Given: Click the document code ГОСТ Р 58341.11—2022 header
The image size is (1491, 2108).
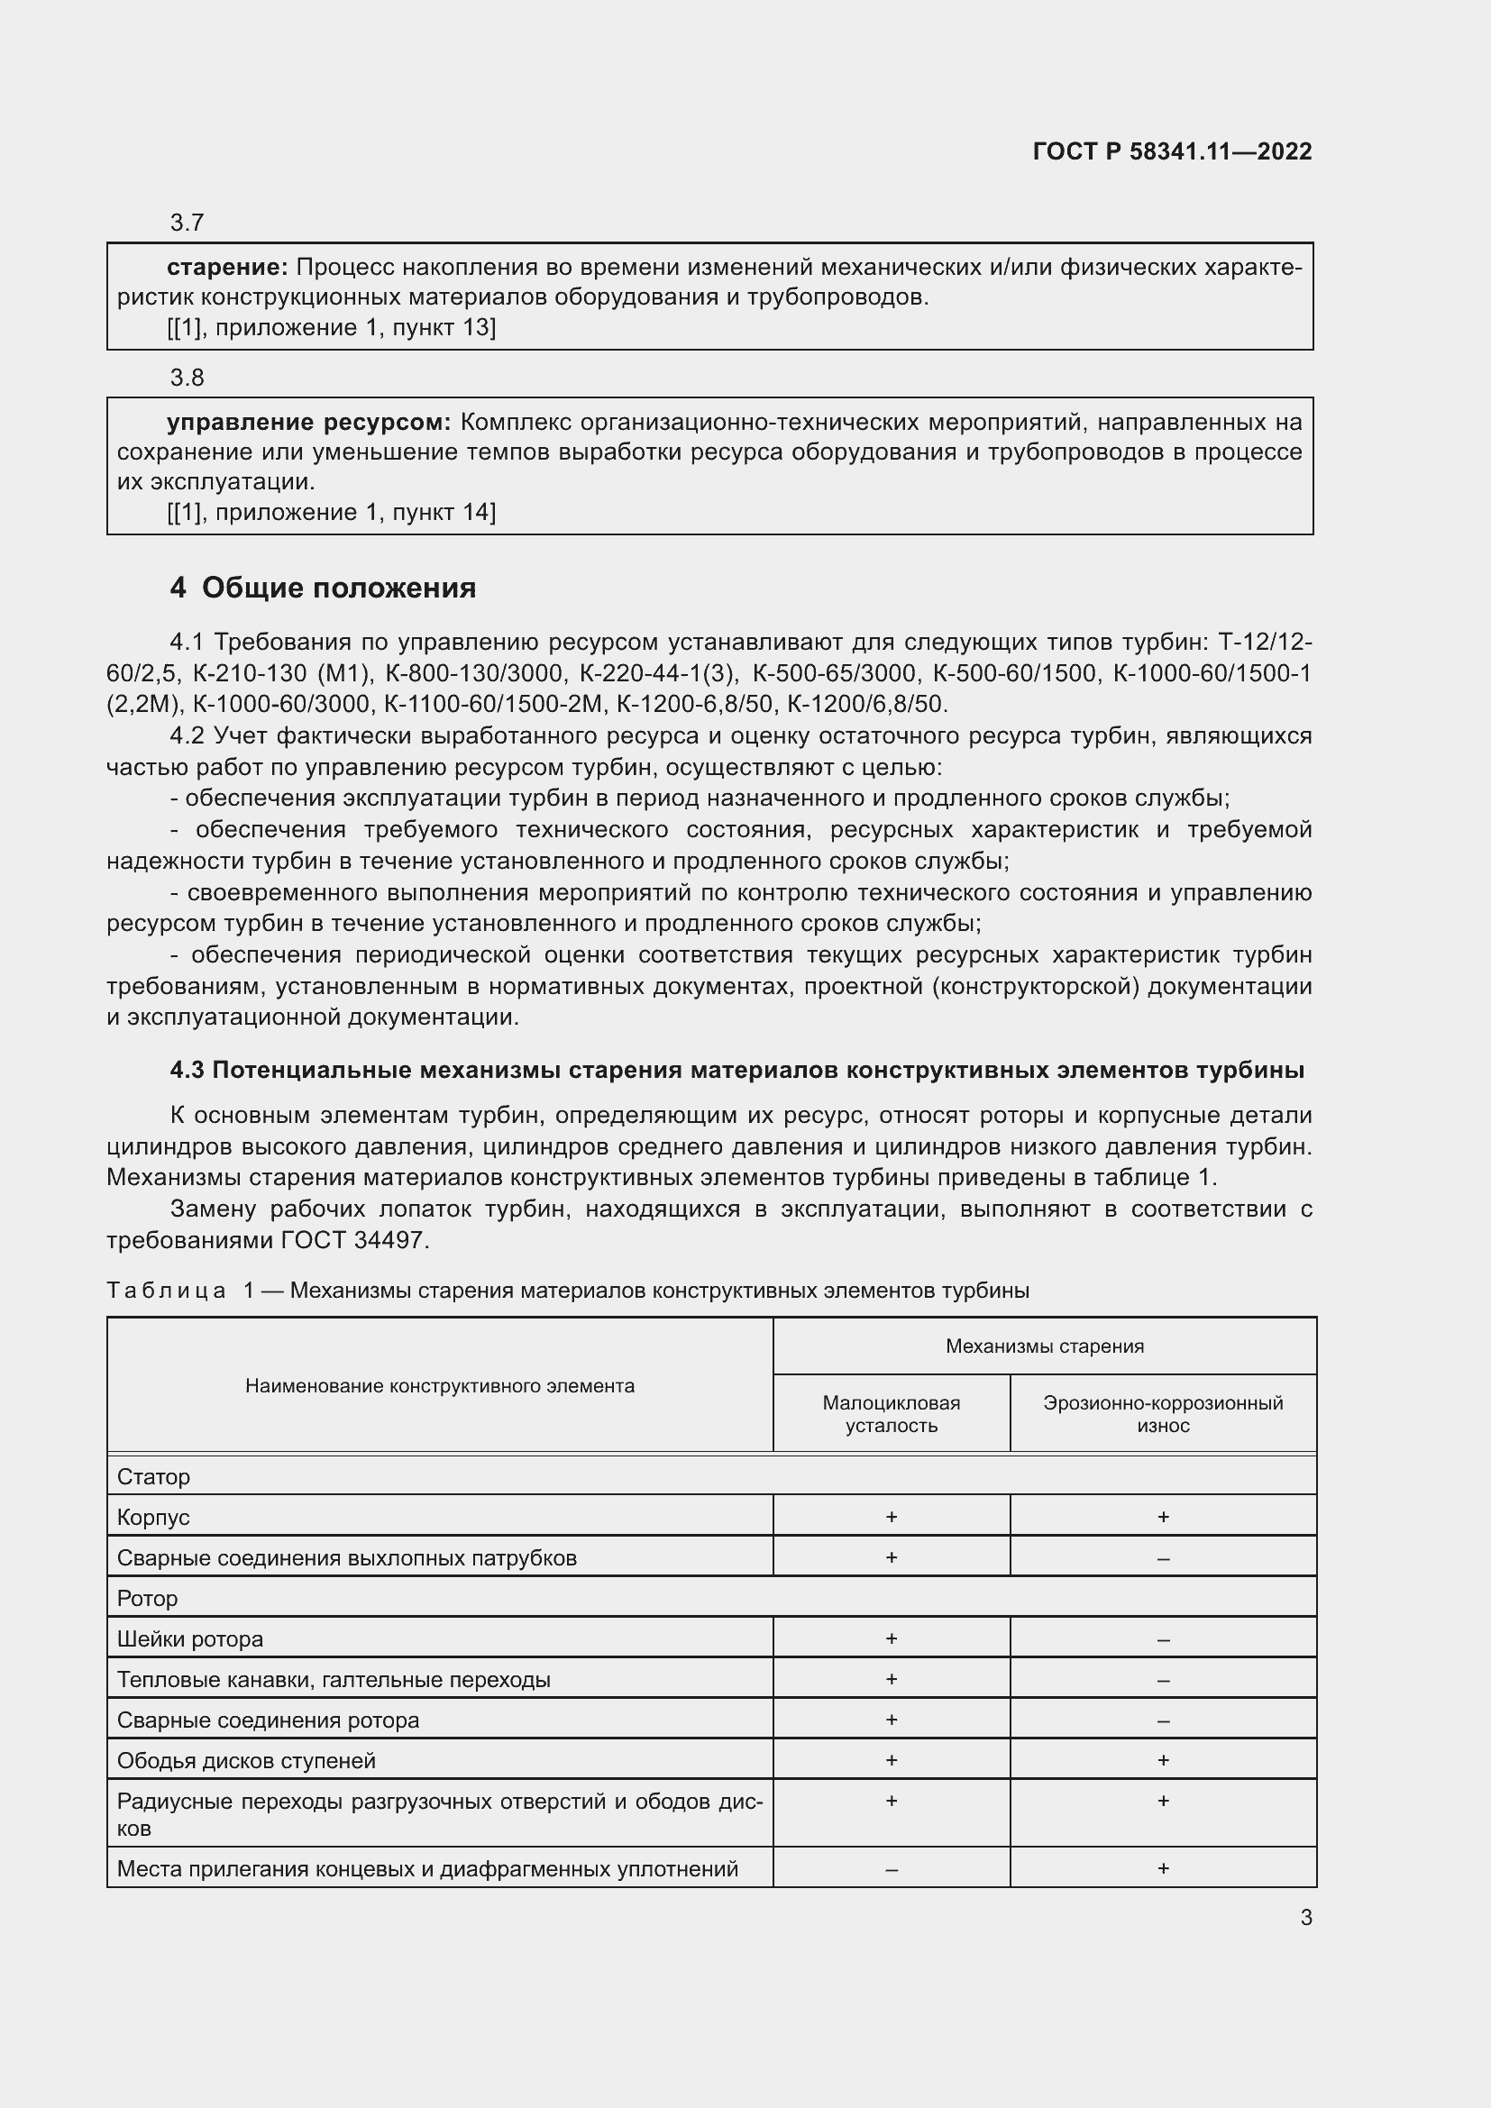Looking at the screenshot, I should click(x=1172, y=151).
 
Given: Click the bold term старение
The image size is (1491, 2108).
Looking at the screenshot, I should click(x=227, y=267).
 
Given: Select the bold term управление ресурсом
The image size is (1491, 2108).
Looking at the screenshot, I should click(x=308, y=423).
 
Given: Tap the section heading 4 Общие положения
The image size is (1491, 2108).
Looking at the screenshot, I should click(x=324, y=588).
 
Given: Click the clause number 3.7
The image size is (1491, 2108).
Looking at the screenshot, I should click(x=187, y=223).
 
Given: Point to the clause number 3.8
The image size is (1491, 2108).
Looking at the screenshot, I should click(x=187, y=378).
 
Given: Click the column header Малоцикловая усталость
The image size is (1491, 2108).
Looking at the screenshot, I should click(x=891, y=1414).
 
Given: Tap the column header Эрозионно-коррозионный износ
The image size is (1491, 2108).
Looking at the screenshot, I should click(x=1162, y=1414).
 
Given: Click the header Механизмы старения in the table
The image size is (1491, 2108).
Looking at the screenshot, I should click(x=1044, y=1346).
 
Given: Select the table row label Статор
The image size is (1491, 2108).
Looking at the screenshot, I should click(x=153, y=1477).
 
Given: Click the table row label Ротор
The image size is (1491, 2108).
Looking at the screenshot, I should click(x=147, y=1599).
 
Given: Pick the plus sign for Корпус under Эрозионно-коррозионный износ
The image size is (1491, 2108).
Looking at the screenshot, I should click(x=1162, y=1517).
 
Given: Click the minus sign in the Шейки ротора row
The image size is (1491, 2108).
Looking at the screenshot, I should click(x=1162, y=1639).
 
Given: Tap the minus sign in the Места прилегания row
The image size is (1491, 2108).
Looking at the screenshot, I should click(x=891, y=1869).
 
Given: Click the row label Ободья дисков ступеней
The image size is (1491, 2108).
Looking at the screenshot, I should click(x=246, y=1760).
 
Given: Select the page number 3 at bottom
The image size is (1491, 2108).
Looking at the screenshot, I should click(x=1305, y=1917).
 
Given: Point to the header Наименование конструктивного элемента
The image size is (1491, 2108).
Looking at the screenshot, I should click(x=440, y=1385).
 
